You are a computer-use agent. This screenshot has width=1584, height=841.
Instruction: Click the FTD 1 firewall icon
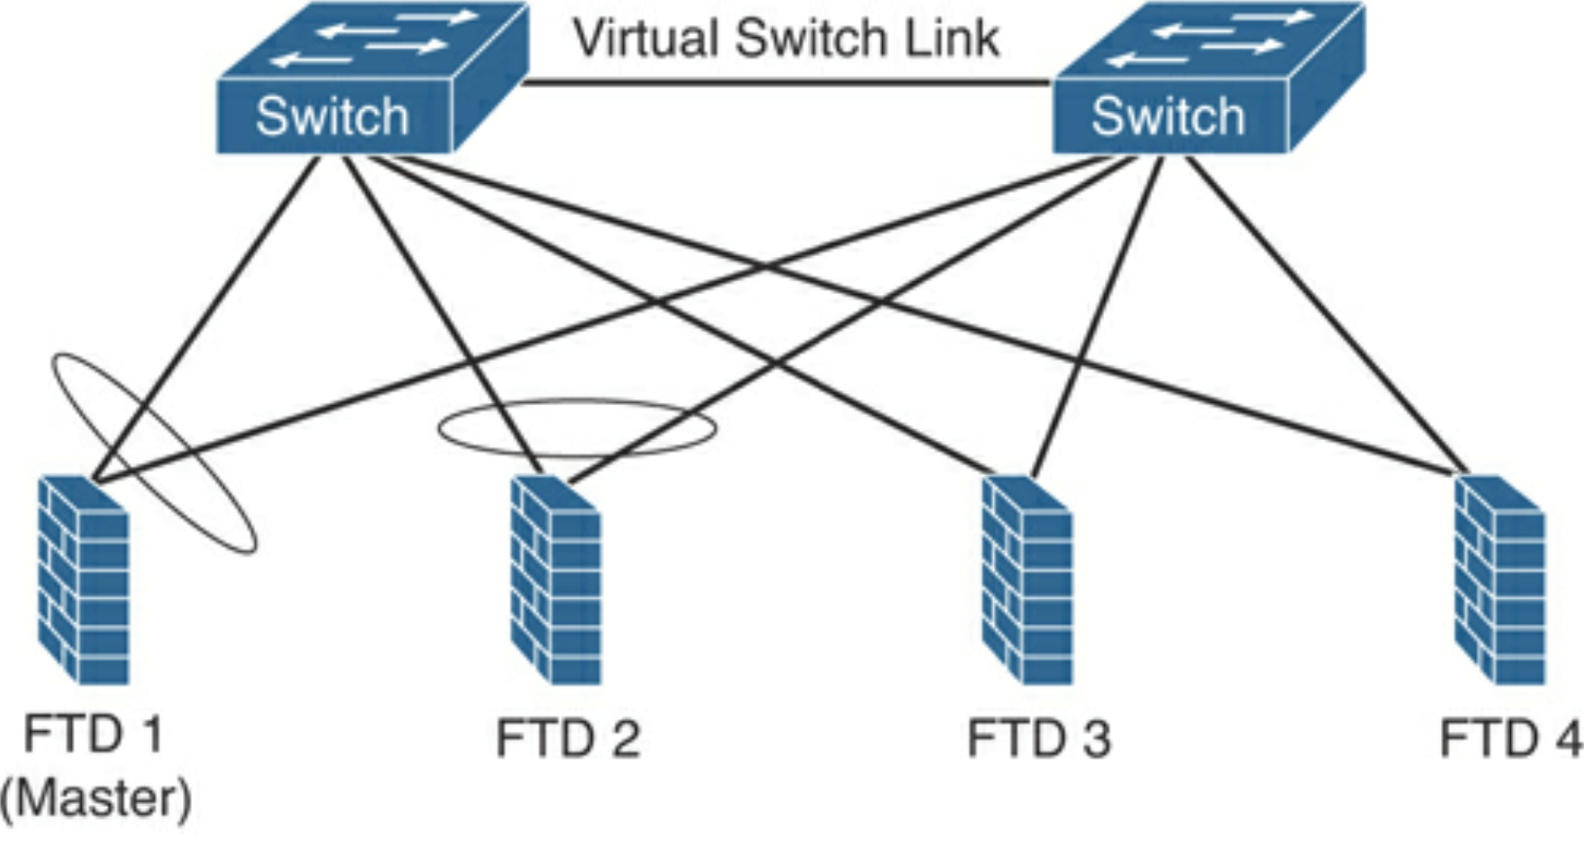[84, 580]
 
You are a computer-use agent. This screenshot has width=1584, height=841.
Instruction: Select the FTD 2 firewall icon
[556, 580]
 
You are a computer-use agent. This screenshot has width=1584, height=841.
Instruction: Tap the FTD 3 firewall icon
[1027, 580]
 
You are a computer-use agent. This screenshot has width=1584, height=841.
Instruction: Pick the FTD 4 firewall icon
[1500, 580]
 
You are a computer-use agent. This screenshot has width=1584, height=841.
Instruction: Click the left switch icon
[373, 78]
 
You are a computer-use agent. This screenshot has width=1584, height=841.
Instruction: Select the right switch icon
[1209, 78]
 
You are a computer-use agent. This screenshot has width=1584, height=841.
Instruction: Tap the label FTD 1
[94, 734]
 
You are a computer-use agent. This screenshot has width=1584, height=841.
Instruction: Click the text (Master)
[95, 798]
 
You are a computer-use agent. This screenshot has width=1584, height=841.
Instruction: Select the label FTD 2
[568, 739]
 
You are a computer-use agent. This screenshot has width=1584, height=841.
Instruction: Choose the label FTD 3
[1039, 739]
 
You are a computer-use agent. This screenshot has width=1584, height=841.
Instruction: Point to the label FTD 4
[1511, 739]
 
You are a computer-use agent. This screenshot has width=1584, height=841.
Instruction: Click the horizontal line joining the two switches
[787, 84]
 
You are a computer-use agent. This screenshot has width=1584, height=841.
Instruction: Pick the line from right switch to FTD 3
[1097, 316]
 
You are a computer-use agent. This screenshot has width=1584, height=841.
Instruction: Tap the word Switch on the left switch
[332, 116]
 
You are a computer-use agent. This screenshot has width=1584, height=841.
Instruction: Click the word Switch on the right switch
[1168, 116]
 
